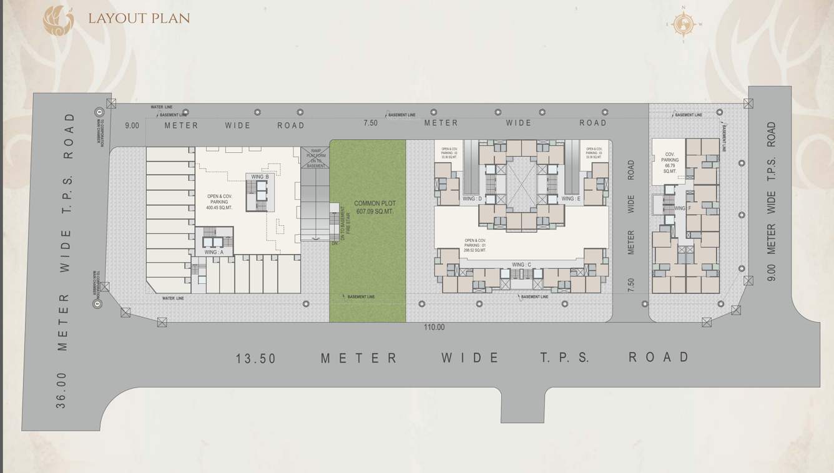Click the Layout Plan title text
139,17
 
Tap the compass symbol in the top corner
683,24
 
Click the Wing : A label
213,252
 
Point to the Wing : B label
260,177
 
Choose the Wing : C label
521,265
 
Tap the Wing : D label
472,198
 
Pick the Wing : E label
571,198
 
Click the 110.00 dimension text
434,327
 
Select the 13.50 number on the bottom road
256,359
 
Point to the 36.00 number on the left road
61,392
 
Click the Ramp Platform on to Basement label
315,158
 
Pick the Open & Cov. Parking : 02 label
449,153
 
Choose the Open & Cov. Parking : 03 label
594,153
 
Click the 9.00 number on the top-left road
132,125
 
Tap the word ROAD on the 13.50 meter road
659,357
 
